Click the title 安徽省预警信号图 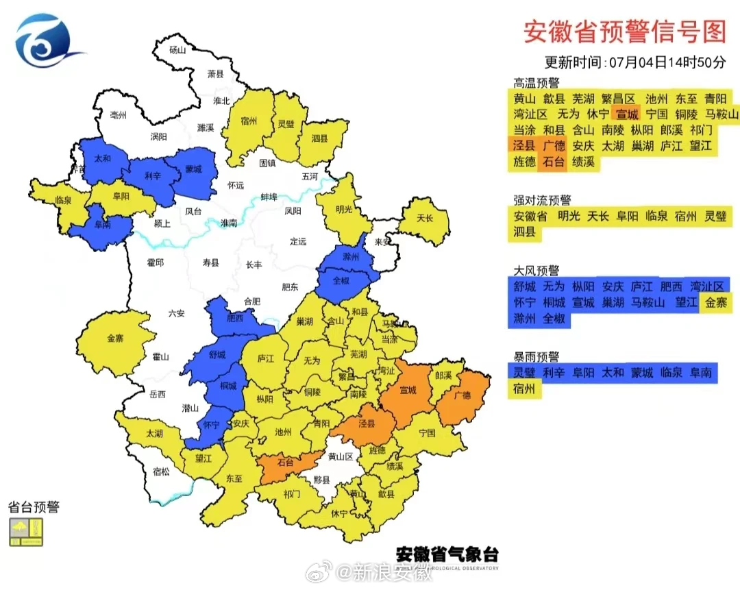624,32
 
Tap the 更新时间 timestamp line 634,62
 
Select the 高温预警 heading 536,83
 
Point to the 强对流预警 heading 543,200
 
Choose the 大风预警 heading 536,270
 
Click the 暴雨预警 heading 536,357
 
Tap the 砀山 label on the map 177,49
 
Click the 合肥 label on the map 251,301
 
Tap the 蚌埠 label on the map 269,197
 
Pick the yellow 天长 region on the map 425,219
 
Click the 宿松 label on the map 161,471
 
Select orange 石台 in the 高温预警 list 554,163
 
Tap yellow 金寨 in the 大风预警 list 715,302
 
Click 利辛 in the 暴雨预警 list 554,373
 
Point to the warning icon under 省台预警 26,532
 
